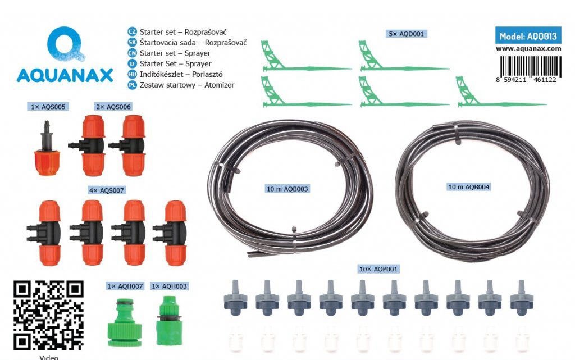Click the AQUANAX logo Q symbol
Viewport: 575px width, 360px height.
(65, 44)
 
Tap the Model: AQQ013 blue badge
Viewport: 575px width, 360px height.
(528, 36)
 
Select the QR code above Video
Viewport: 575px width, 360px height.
(49, 315)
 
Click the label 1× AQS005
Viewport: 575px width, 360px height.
(48, 107)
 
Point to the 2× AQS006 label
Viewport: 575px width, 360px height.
(113, 107)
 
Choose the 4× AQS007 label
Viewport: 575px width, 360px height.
(107, 190)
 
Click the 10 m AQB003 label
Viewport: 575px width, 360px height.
(287, 189)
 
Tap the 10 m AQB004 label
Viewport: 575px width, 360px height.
(469, 187)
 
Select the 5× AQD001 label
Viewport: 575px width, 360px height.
(406, 34)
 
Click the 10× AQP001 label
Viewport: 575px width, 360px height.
(378, 269)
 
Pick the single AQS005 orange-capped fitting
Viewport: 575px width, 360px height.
(47, 148)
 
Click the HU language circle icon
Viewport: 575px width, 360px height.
(132, 75)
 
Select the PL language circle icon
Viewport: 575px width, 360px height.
(132, 85)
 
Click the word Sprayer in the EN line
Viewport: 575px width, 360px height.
(197, 53)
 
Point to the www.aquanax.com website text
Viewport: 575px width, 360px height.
(528, 49)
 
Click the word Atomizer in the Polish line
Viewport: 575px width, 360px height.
(220, 85)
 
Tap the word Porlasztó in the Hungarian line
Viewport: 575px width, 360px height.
(207, 75)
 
